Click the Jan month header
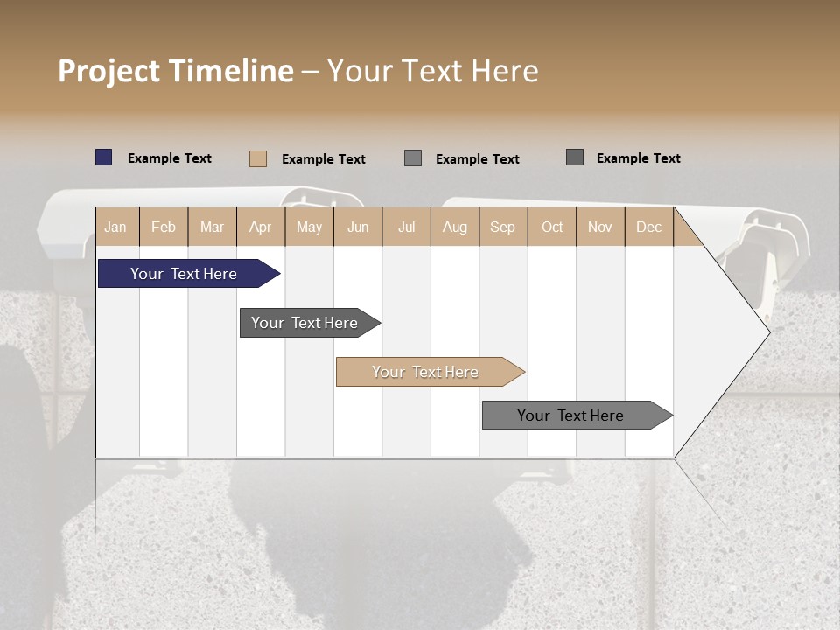pyautogui.click(x=115, y=227)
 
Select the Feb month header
pyautogui.click(x=164, y=227)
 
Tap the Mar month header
pyautogui.click(x=212, y=227)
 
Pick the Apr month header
pyautogui.click(x=261, y=227)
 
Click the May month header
pyautogui.click(x=309, y=227)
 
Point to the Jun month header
pyautogui.click(x=358, y=227)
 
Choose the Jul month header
pyautogui.click(x=406, y=227)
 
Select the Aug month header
pyautogui.click(x=455, y=227)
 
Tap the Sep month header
pyautogui.click(x=503, y=227)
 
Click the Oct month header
pyautogui.click(x=552, y=227)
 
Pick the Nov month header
pyautogui.click(x=600, y=227)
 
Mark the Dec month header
pyautogui.click(x=649, y=227)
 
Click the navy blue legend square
pyautogui.click(x=104, y=157)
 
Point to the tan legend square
pyautogui.click(x=258, y=158)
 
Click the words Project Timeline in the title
pyautogui.click(x=176, y=71)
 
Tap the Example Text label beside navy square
pyautogui.click(x=170, y=158)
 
